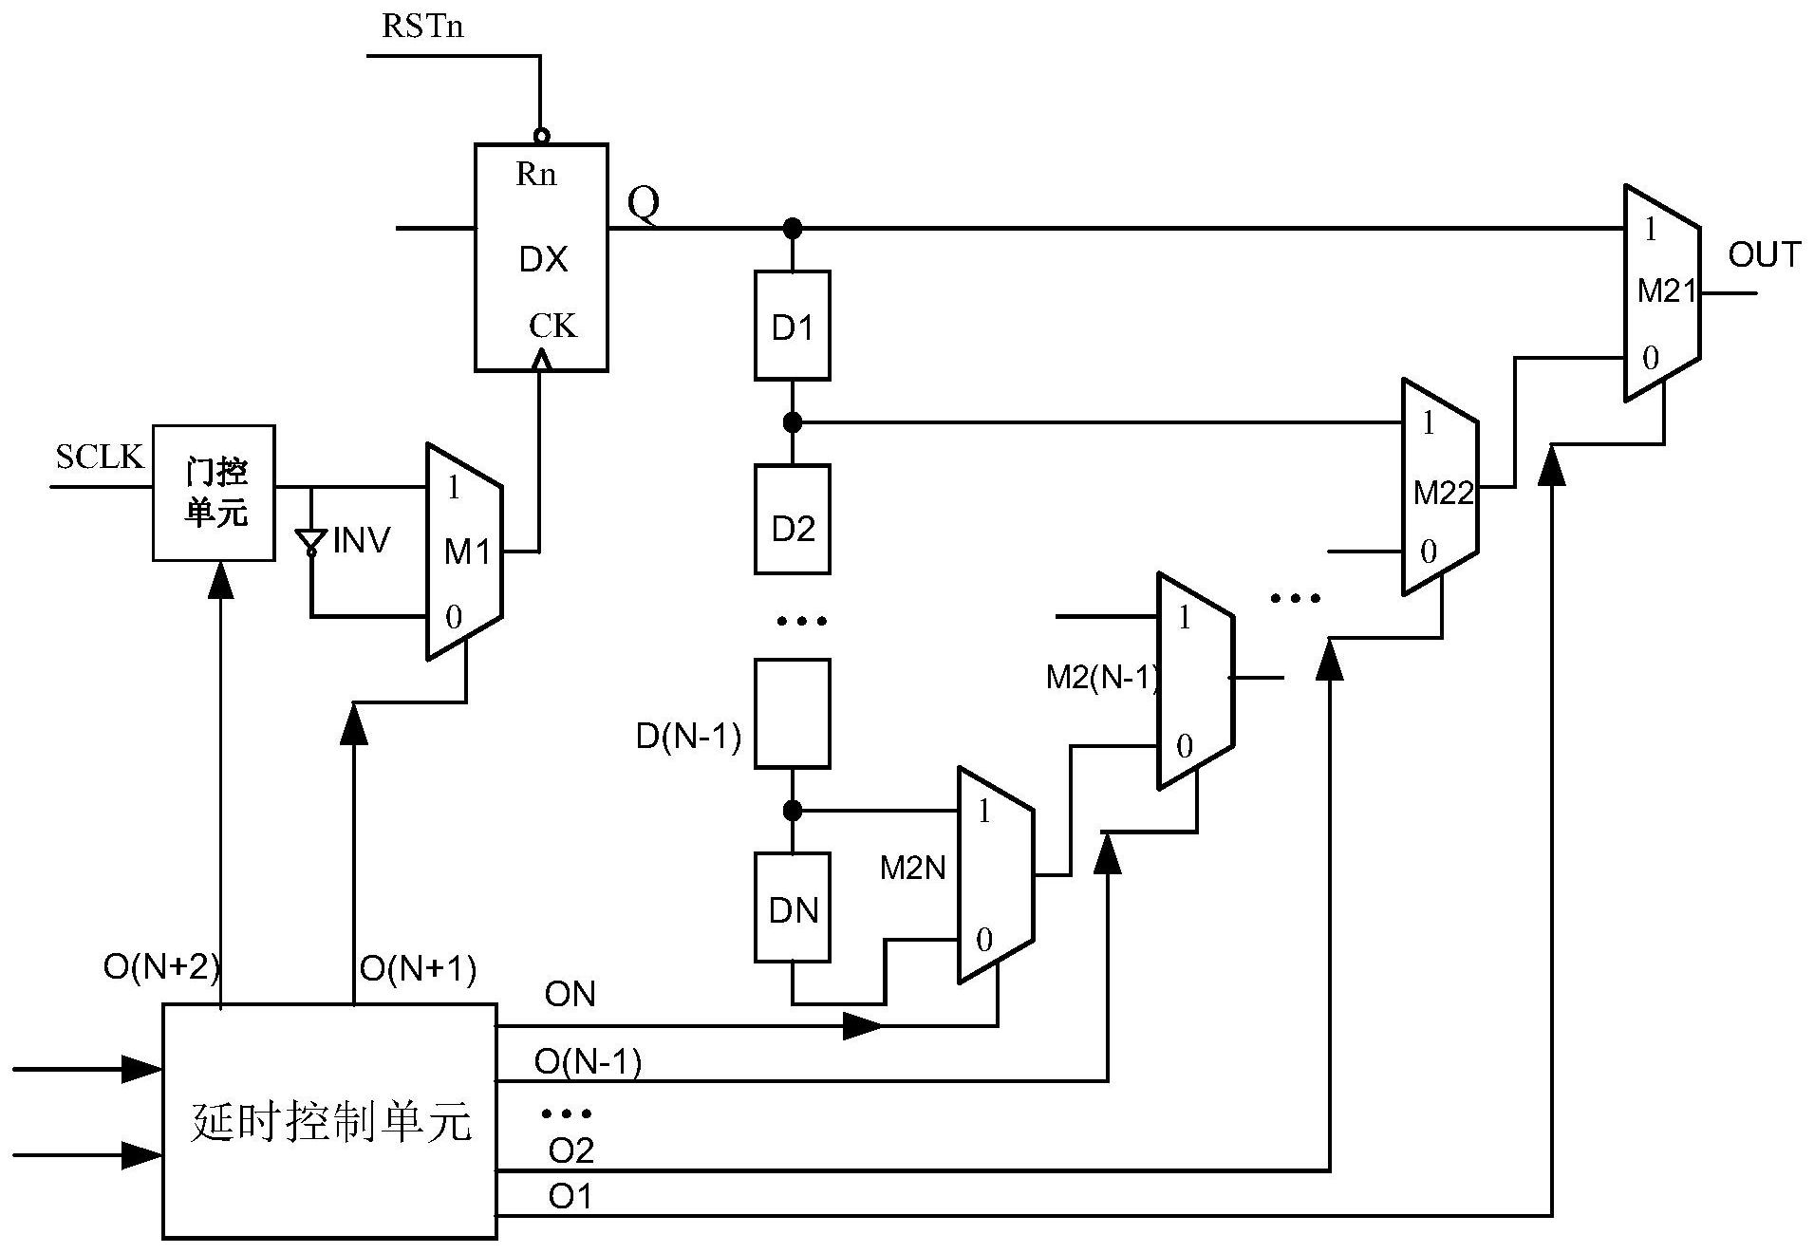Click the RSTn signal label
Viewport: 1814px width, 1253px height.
pos(422,26)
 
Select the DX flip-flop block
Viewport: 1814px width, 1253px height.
pos(541,257)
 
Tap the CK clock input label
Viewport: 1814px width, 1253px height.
pos(552,326)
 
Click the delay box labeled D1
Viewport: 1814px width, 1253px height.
pos(792,326)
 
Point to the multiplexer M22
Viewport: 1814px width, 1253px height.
pos(1439,487)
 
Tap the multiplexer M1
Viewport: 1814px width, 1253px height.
pos(464,551)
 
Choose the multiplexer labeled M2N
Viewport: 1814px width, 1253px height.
pos(995,874)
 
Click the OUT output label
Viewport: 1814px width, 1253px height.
pos(1764,254)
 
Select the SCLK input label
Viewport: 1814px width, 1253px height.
pos(99,458)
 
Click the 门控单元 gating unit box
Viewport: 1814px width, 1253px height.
pos(214,493)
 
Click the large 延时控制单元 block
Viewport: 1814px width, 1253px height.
pos(329,1121)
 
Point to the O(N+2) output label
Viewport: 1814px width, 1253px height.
pos(161,967)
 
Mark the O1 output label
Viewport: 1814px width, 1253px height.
pos(570,1197)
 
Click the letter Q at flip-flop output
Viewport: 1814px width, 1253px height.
pos(643,202)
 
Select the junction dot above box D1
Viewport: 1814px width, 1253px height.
pos(792,229)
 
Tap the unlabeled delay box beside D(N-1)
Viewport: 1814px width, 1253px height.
pos(792,713)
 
